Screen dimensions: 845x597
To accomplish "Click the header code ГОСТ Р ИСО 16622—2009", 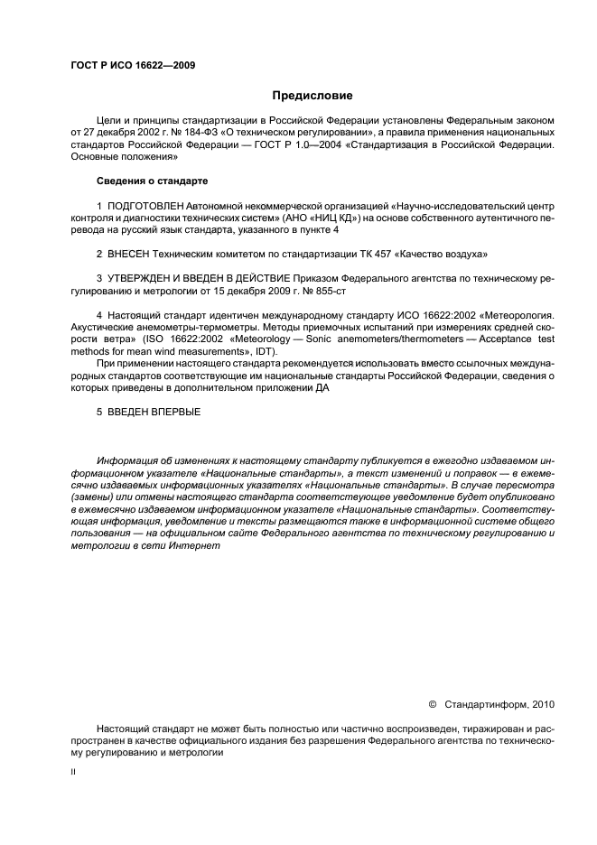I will click(x=132, y=66).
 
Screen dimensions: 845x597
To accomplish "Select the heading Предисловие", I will click(x=312, y=95).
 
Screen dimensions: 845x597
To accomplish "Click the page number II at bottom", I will click(x=74, y=773).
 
